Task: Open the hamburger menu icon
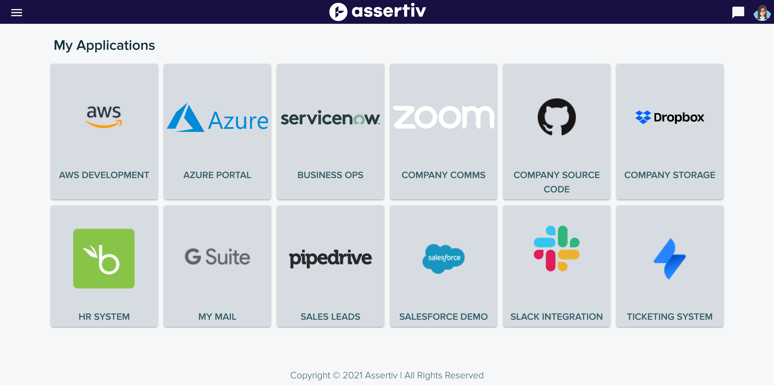(16, 13)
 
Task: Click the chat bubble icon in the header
(738, 12)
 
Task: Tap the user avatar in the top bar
(762, 13)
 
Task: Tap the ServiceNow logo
(330, 118)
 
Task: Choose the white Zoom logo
(443, 117)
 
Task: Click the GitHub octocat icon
(557, 117)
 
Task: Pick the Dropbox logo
(669, 117)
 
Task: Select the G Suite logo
(217, 257)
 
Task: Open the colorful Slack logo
(557, 248)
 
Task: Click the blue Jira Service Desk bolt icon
(669, 259)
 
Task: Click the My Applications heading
(104, 45)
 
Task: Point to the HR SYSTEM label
(104, 316)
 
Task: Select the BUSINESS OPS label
(330, 175)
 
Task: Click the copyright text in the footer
(387, 375)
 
